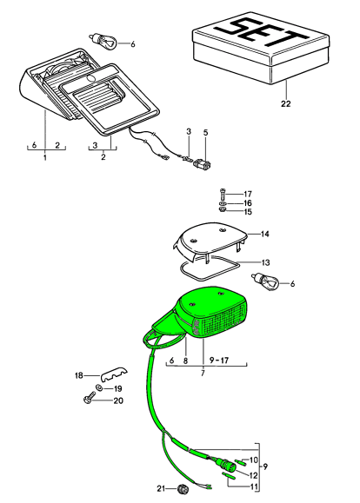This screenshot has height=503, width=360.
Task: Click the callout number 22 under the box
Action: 285,103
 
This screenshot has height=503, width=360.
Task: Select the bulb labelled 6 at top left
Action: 103,41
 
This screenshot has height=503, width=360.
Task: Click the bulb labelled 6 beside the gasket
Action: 265,281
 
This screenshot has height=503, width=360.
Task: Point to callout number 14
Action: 264,234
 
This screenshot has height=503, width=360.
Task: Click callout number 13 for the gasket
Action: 265,262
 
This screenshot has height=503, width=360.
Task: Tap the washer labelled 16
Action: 223,203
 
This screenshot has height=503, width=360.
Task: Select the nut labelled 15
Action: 222,209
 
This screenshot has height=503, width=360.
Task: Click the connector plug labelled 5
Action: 203,164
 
